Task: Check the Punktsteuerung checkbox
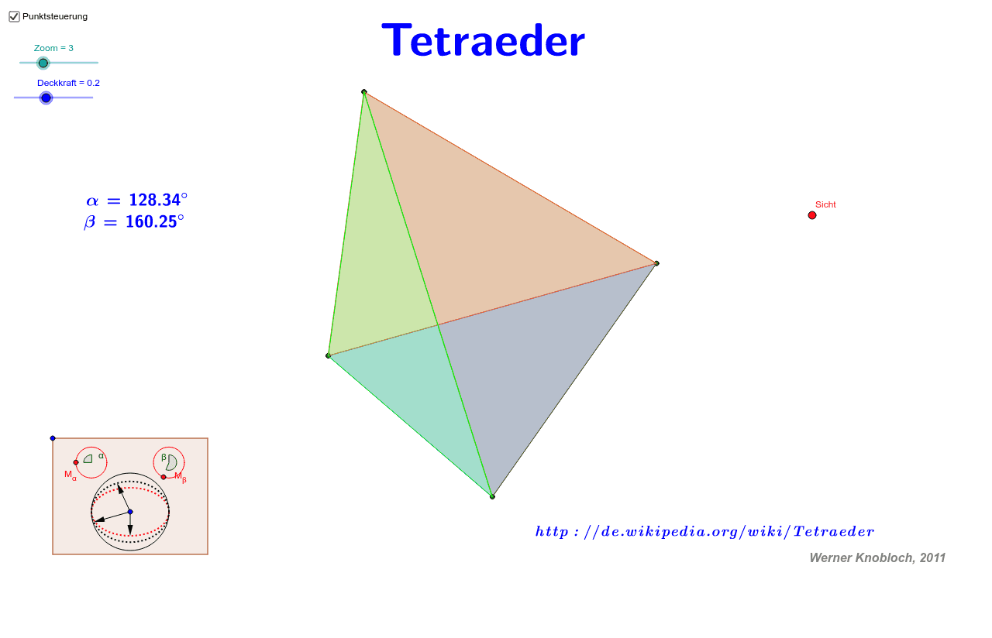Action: [x=14, y=16]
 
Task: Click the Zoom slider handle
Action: [x=43, y=63]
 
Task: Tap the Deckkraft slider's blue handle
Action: [x=46, y=98]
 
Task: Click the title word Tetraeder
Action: [x=484, y=40]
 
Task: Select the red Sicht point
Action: [x=812, y=215]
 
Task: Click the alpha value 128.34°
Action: [x=157, y=200]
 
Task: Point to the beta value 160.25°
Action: [x=154, y=222]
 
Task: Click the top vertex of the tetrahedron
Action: [x=364, y=92]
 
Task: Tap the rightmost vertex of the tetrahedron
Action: [x=656, y=263]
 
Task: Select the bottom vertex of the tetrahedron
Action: [x=492, y=496]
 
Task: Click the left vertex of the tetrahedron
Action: [x=329, y=355]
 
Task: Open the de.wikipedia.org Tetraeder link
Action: [x=704, y=531]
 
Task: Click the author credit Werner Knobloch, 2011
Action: [x=877, y=557]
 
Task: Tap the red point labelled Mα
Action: [x=76, y=462]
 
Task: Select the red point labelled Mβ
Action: [x=164, y=477]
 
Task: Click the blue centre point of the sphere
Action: [x=130, y=512]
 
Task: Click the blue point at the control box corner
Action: [x=53, y=438]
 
